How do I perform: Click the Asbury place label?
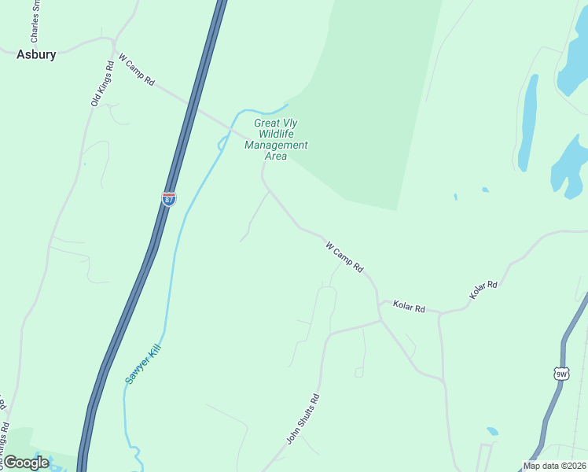coord(37,54)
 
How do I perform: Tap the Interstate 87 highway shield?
coord(169,198)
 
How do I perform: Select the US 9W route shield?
coord(560,374)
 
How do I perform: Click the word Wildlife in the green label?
coord(276,134)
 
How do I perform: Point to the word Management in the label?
coord(276,145)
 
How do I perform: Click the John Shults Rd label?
coord(303,419)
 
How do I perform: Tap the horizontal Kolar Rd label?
coord(409,306)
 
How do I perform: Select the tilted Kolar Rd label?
coord(483,289)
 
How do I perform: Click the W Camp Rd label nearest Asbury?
coord(137,70)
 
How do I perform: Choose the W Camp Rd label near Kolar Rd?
coord(345,257)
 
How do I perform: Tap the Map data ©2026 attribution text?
coord(554,466)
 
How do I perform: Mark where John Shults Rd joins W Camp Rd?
coord(381,320)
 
